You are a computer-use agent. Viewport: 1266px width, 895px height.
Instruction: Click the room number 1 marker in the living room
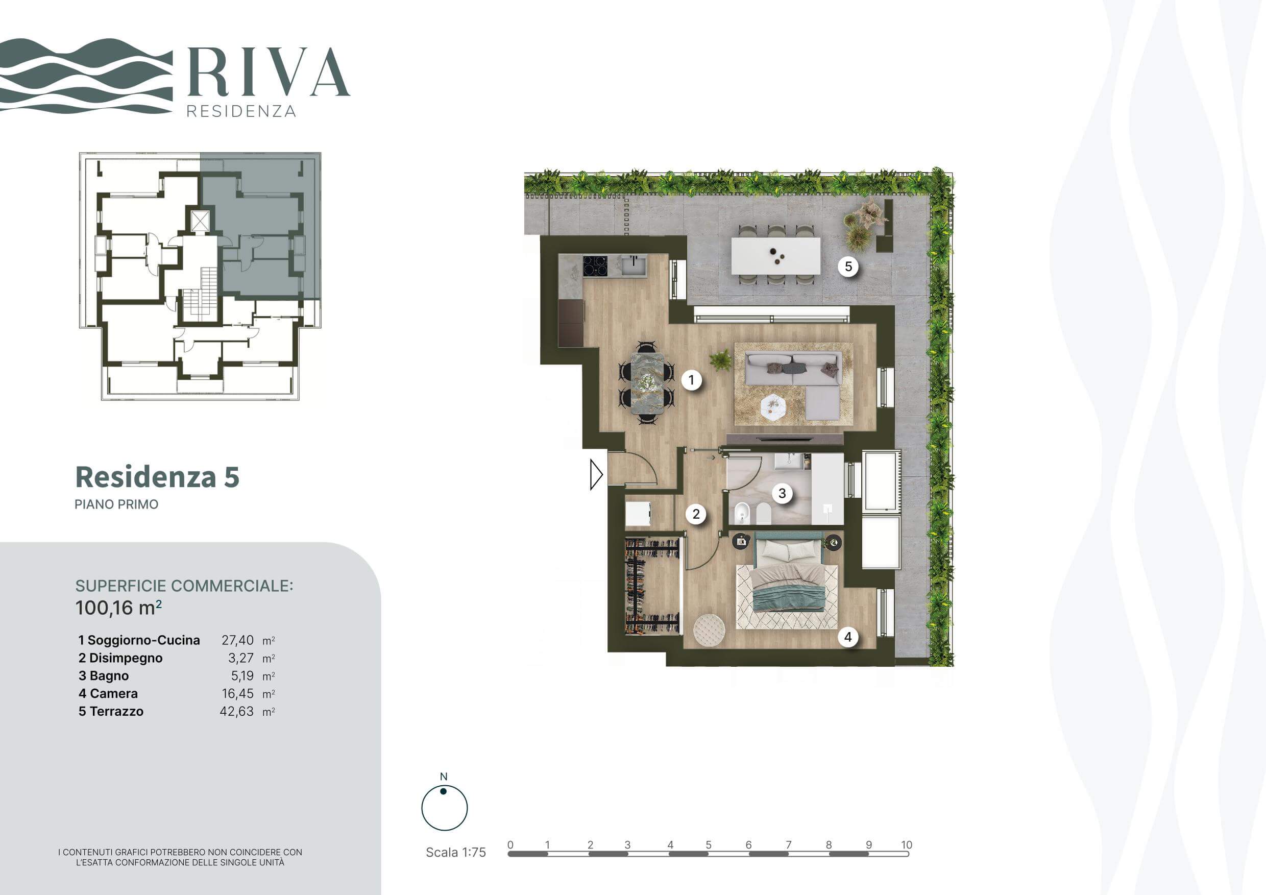pyautogui.click(x=691, y=380)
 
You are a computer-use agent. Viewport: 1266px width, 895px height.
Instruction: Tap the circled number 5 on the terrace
pyautogui.click(x=848, y=267)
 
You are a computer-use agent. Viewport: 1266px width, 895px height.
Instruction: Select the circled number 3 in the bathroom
pyautogui.click(x=782, y=493)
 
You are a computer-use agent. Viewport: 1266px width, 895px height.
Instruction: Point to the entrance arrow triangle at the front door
pyautogui.click(x=596, y=474)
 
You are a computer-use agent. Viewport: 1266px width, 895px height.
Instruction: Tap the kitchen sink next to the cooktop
pyautogui.click(x=634, y=266)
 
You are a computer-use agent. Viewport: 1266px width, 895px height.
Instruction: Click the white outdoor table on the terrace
pyautogui.click(x=775, y=255)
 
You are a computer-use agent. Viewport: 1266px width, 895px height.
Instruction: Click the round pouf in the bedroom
pyautogui.click(x=709, y=629)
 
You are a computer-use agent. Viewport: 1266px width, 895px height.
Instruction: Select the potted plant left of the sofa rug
pyautogui.click(x=720, y=360)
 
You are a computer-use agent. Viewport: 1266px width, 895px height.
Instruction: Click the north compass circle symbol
pyautogui.click(x=445, y=808)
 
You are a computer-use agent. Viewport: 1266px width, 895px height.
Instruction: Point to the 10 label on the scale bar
pyautogui.click(x=907, y=844)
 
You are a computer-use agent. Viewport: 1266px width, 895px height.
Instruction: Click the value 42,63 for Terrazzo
pyautogui.click(x=236, y=711)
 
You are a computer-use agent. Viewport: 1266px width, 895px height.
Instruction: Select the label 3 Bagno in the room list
pyautogui.click(x=104, y=675)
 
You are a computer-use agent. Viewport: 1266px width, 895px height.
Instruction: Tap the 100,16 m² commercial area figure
pyautogui.click(x=118, y=607)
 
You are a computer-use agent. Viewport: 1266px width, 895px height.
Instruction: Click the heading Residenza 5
pyautogui.click(x=157, y=477)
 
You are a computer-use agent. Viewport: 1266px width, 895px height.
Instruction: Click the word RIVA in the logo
pyautogui.click(x=269, y=72)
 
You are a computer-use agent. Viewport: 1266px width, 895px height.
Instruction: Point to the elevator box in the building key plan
pyautogui.click(x=200, y=221)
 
